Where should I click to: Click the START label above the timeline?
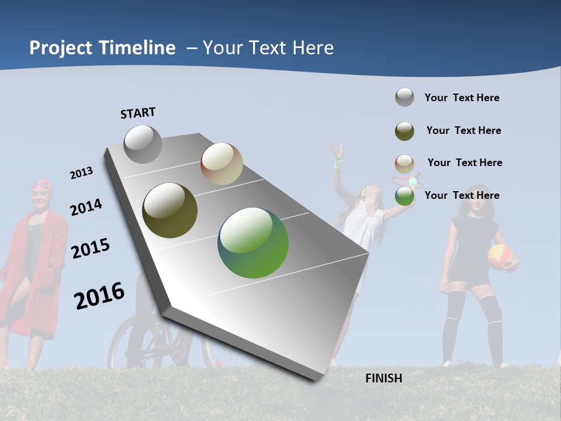point(138,113)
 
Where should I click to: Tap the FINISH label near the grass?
point(383,378)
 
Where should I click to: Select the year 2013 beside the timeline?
point(82,173)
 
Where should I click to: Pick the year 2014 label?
point(86,207)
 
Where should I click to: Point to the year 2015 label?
point(91,249)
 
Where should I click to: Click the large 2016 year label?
point(99,295)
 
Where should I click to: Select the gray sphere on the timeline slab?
point(143,144)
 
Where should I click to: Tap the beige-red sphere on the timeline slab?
point(221,164)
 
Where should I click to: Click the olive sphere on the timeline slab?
point(169,210)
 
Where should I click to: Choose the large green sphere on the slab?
point(253,243)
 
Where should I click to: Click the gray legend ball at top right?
point(404,97)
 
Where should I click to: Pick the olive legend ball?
point(404,131)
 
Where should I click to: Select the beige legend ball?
point(404,164)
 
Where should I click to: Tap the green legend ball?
point(404,196)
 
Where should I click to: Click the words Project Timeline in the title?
point(102,48)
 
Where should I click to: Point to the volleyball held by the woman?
point(500,256)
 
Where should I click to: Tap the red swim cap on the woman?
point(42,185)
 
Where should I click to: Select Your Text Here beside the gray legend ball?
point(462,98)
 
